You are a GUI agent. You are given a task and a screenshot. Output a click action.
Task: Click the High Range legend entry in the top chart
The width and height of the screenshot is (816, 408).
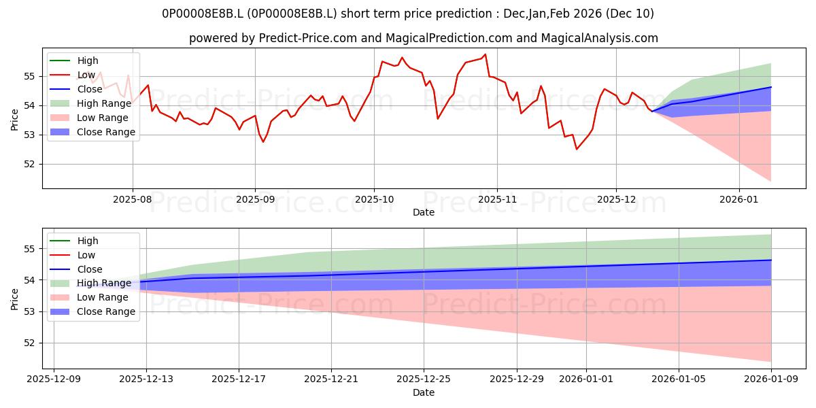tap(103, 103)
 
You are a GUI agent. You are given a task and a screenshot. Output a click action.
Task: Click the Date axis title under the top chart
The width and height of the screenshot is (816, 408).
tap(423, 212)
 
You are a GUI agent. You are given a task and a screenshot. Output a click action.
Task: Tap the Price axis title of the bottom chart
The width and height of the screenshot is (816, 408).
tap(15, 298)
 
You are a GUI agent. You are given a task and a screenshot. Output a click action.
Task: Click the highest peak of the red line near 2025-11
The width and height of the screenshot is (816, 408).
tap(485, 54)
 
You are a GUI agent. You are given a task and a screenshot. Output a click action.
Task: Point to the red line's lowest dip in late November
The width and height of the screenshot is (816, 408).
tap(577, 149)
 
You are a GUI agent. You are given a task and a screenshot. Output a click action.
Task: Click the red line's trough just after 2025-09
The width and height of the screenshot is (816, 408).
tap(263, 141)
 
